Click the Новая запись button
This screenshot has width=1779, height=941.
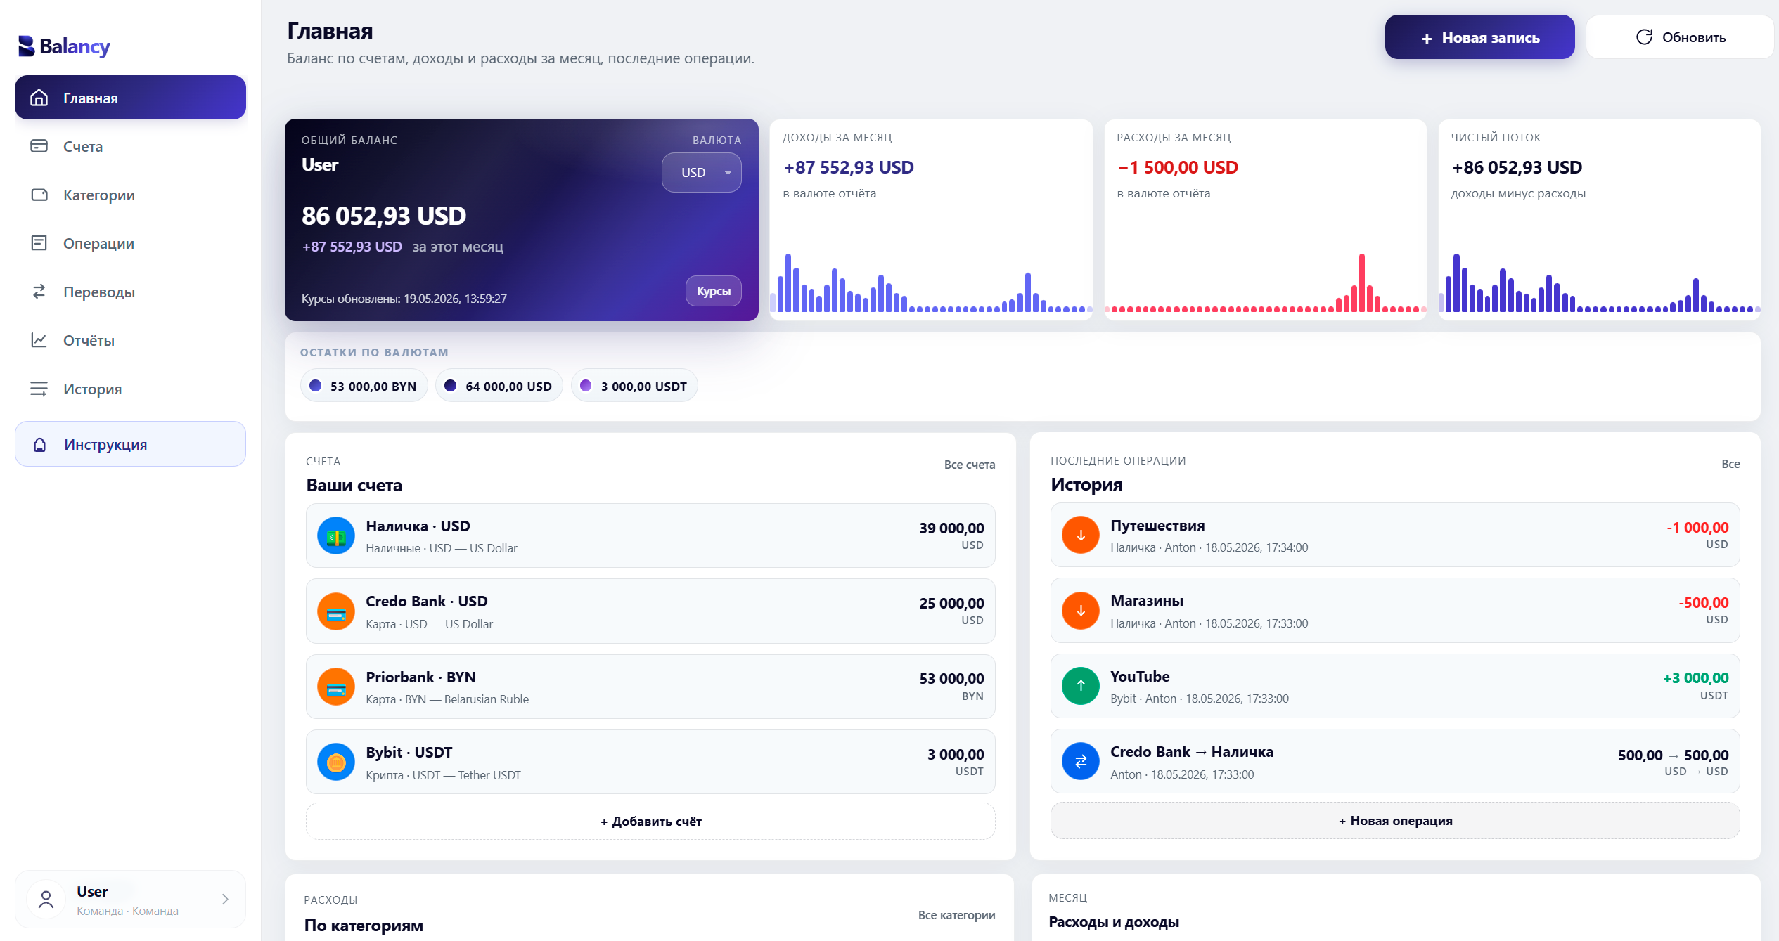1479,37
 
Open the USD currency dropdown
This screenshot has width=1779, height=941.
701,172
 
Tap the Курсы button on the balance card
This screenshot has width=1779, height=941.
713,291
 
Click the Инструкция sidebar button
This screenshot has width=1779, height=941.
130,444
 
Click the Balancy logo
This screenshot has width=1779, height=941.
64,46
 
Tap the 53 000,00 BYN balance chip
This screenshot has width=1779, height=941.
364,386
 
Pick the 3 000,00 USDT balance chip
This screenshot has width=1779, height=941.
634,386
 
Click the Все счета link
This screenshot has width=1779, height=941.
969,465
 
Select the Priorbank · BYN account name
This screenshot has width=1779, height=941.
420,677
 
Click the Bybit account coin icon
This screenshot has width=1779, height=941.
336,762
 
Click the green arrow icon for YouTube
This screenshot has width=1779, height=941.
1081,686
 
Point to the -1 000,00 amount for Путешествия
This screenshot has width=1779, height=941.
1697,528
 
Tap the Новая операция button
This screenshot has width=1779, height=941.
1395,821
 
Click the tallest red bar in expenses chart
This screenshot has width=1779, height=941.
1362,283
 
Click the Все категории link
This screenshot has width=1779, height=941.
956,915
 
